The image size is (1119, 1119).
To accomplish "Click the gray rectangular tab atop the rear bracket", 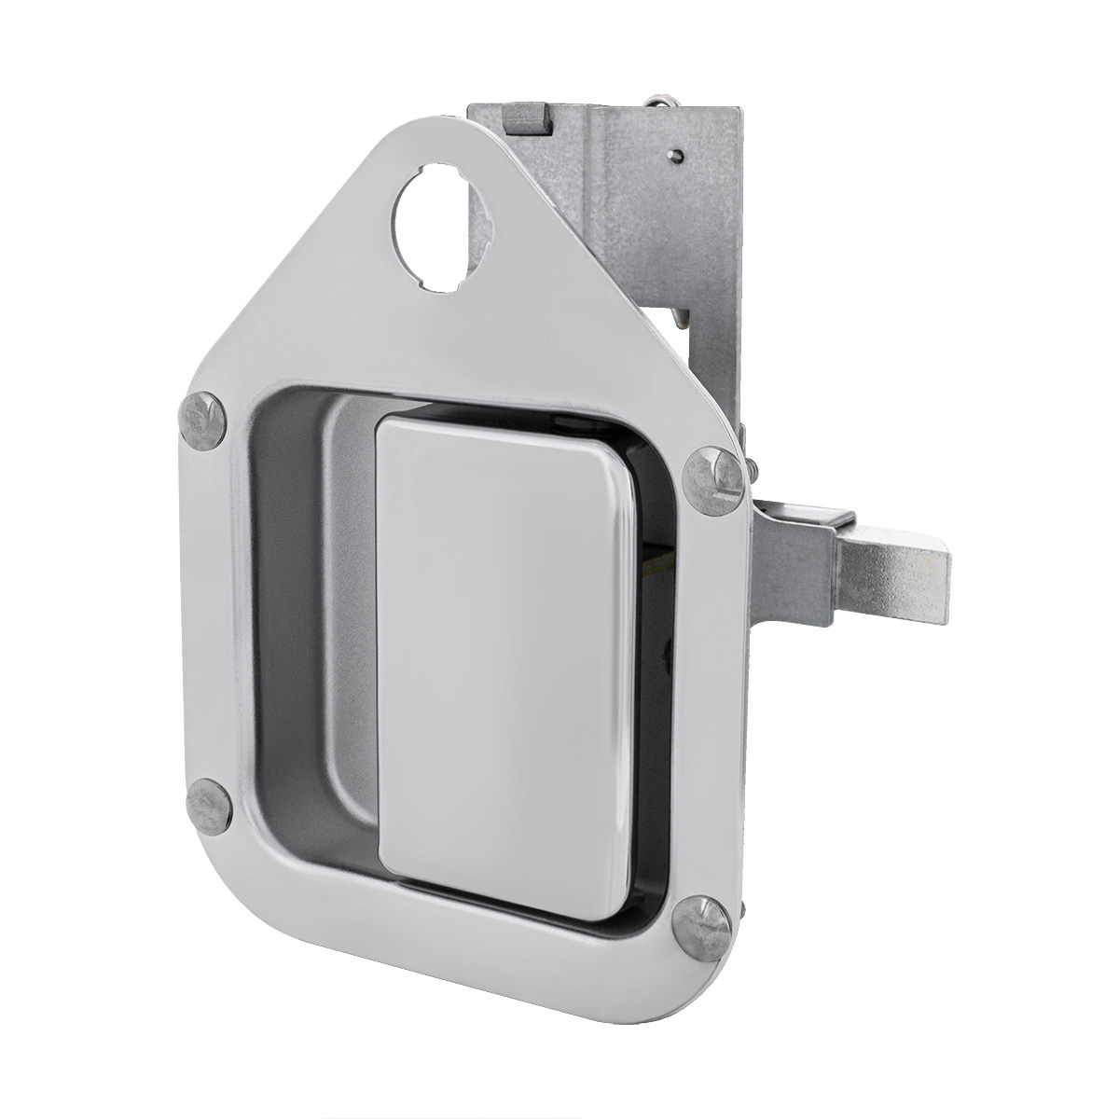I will point(523,119).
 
